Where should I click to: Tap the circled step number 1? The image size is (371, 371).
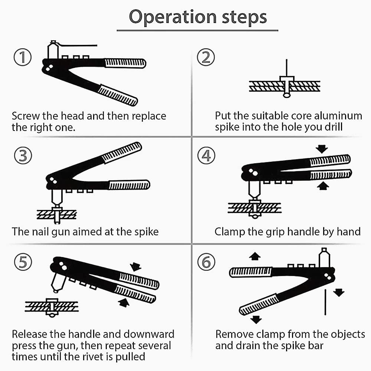coord(22,58)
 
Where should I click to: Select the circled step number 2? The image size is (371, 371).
coord(206,58)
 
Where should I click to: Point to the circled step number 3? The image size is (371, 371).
coord(23,156)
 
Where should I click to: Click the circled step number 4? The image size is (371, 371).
coord(206,156)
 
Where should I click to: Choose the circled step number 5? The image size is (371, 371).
coord(23,262)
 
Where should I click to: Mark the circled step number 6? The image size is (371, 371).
coord(206,262)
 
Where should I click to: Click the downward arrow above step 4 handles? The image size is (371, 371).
coord(321,149)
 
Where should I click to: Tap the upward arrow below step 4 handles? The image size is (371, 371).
coord(322,186)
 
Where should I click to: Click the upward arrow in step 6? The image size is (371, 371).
coord(255,256)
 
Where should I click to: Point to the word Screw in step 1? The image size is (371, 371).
coord(25,116)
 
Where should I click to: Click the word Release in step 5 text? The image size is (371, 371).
coord(31,334)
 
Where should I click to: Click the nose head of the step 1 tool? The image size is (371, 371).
coord(53,50)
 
